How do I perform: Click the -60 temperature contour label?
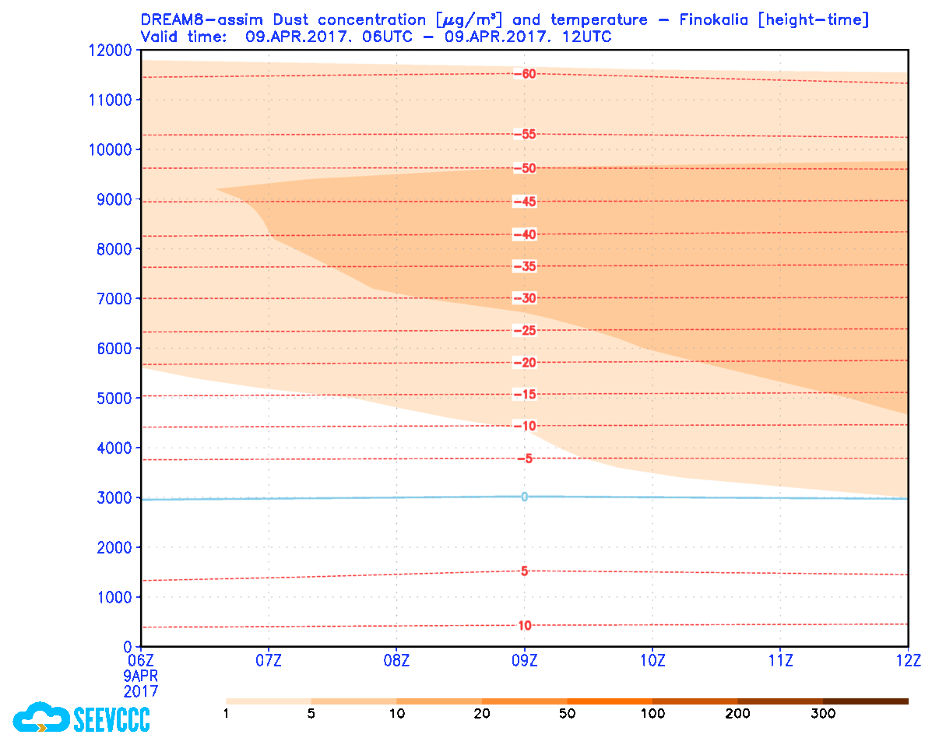tap(525, 74)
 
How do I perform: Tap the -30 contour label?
tap(525, 298)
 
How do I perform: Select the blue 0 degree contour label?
tap(524, 497)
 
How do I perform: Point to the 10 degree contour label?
tap(524, 626)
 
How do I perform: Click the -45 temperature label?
tap(525, 202)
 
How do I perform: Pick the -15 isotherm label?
tap(525, 395)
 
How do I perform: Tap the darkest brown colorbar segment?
tap(866, 701)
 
